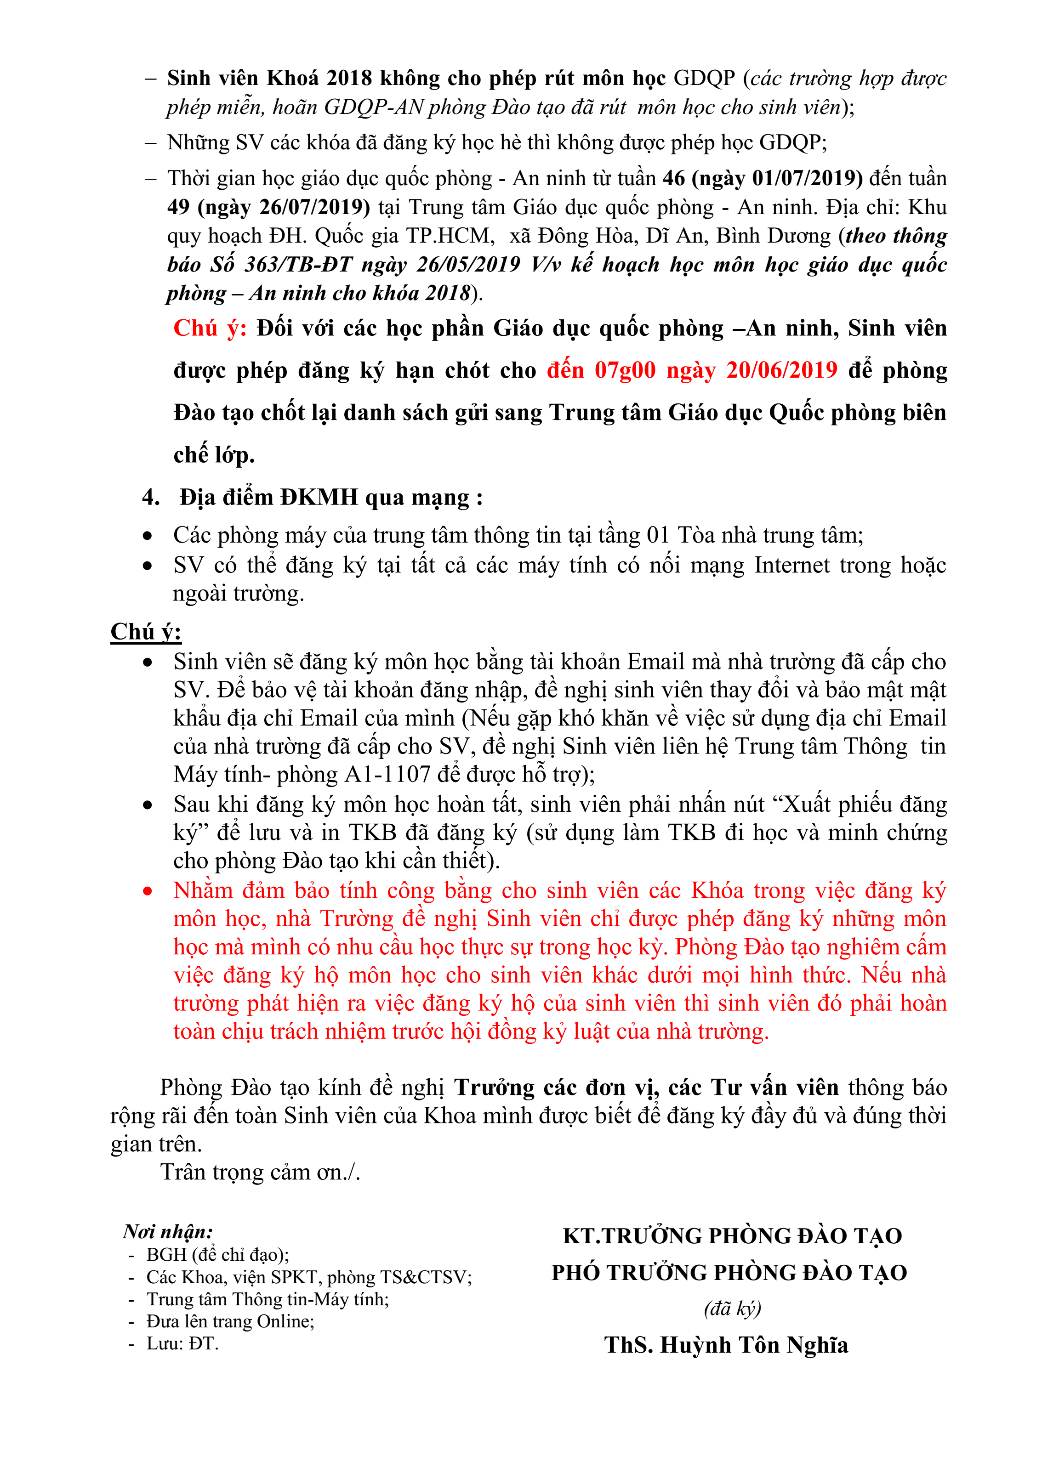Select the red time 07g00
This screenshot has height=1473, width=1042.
(625, 370)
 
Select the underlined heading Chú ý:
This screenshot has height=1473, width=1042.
(146, 631)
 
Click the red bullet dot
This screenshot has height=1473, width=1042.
(148, 891)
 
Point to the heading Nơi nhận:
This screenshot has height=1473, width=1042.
(168, 1232)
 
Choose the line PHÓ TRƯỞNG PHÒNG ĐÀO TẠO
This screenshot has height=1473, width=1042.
(729, 1273)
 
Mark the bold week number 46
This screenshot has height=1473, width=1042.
(674, 178)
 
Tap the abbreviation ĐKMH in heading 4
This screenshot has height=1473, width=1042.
(318, 497)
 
